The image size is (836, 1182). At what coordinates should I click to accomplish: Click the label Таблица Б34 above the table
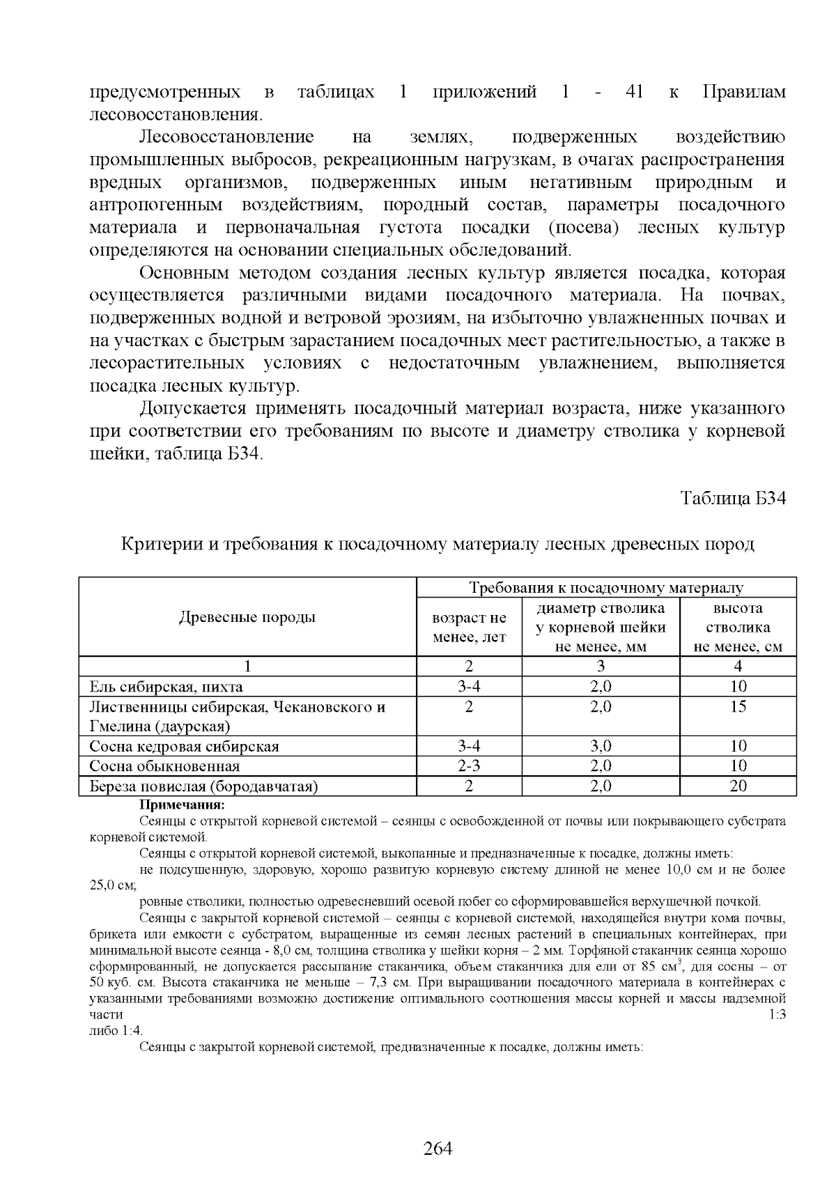[733, 499]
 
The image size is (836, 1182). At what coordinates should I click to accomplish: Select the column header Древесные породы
[247, 617]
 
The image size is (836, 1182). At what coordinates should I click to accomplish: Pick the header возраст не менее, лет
[469, 628]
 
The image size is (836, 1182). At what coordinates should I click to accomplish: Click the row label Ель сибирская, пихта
[167, 687]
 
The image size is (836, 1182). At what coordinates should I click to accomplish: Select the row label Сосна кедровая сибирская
[184, 747]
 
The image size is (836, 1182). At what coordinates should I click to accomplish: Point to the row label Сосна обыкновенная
[164, 767]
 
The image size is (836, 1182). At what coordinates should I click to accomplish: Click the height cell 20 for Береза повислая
[738, 786]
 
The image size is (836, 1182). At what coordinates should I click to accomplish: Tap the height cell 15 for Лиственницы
[738, 707]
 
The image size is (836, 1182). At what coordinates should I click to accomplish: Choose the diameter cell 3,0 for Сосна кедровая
[601, 747]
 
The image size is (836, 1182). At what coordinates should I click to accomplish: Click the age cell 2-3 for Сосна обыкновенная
[469, 767]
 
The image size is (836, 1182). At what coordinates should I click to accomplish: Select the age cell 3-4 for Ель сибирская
[469, 687]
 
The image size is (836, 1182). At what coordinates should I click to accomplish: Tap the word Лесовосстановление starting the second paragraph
[227, 137]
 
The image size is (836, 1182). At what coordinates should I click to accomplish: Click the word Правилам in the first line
[743, 92]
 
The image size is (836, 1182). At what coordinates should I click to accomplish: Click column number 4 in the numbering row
[738, 667]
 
